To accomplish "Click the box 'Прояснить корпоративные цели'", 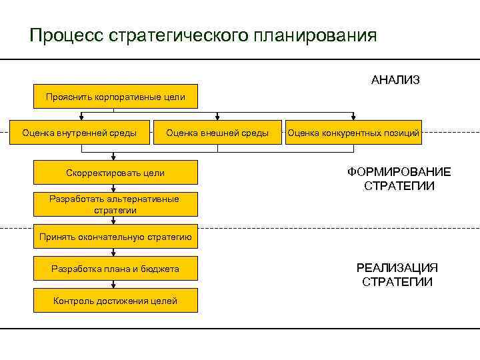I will [x=115, y=97].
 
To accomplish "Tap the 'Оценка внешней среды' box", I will [x=217, y=133].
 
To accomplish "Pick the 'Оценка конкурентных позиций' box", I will [x=353, y=133].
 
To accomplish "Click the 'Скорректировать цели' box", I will [x=115, y=173].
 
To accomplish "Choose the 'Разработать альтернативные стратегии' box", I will [x=115, y=205].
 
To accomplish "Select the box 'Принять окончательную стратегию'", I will [x=115, y=237].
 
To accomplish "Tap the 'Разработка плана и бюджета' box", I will [x=115, y=269].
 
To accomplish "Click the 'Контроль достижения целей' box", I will [x=115, y=301].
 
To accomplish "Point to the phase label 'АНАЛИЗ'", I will [x=395, y=80].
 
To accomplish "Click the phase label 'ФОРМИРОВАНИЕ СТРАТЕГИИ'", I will [x=399, y=179].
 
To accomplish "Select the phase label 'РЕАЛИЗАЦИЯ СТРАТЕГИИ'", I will [x=397, y=275].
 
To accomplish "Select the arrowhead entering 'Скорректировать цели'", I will [x=115, y=159].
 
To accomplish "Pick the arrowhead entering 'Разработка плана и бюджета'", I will [x=115, y=254].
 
